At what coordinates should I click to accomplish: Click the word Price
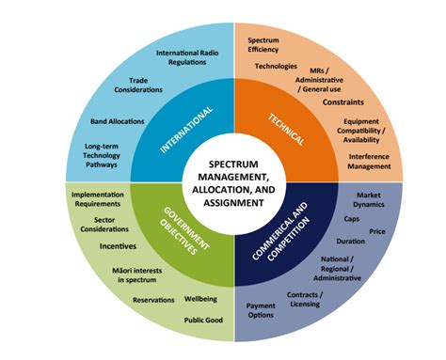pos(377,229)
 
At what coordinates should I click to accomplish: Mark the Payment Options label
pos(261,310)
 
